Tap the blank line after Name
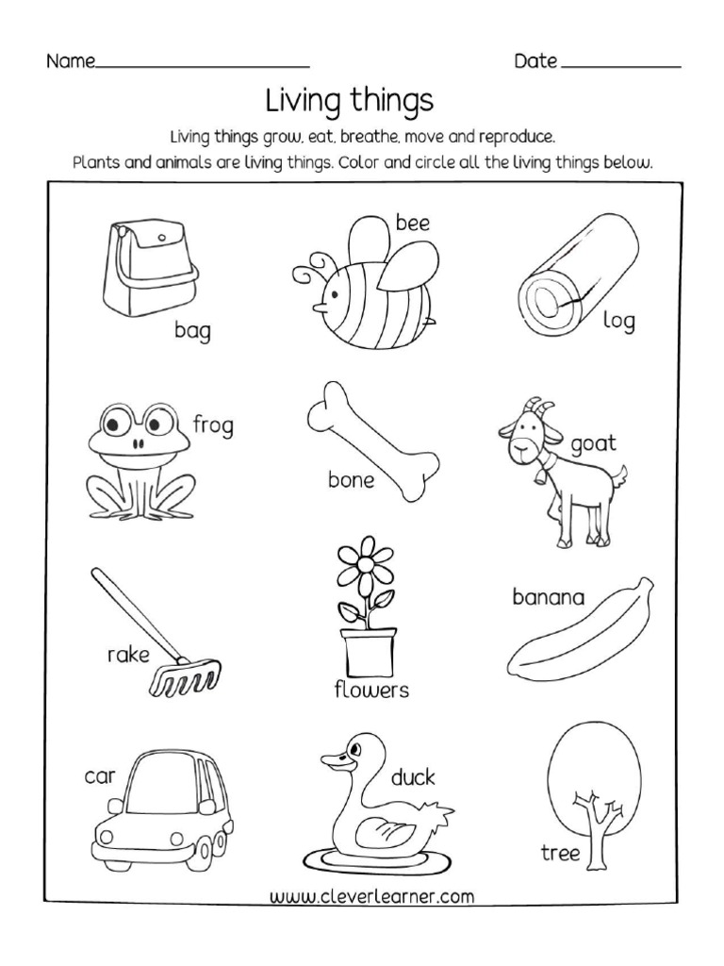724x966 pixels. (x=203, y=66)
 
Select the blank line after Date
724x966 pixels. (x=620, y=66)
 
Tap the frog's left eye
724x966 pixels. (x=118, y=423)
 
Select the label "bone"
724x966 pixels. (x=351, y=480)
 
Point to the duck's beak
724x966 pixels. (x=332, y=758)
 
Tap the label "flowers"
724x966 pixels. (x=371, y=690)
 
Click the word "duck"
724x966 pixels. (x=413, y=777)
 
